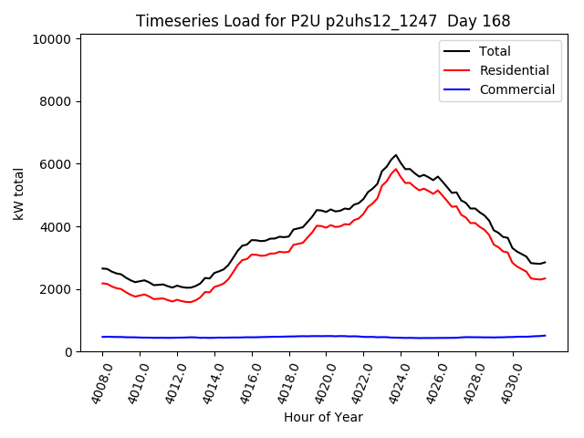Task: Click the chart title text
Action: tap(323, 21)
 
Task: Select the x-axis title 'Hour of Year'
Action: tap(323, 417)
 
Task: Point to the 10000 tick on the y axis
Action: tap(51, 39)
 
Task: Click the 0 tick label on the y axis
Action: tap(68, 352)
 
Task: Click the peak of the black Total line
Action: tap(396, 155)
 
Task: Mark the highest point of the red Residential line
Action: tap(396, 169)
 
